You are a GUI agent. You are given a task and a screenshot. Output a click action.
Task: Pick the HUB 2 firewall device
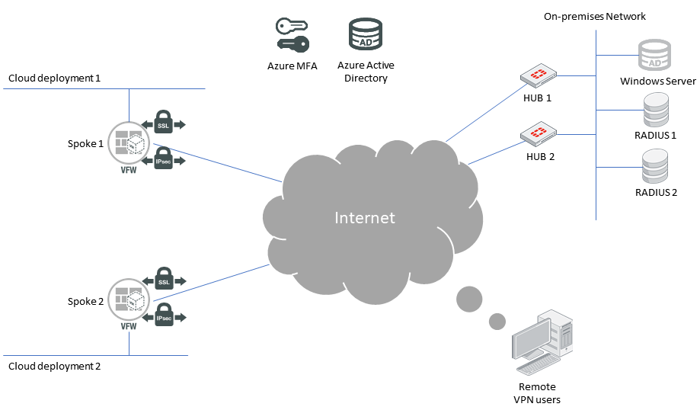pos(538,133)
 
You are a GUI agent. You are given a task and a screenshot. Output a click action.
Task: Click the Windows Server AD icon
pos(655,56)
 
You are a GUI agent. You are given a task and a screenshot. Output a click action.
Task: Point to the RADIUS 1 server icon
pos(656,110)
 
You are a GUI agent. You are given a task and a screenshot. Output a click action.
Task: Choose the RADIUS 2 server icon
pos(656,167)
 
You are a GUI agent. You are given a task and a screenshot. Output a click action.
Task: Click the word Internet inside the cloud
pos(365,218)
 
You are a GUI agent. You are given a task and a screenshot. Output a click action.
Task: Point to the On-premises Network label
pos(595,16)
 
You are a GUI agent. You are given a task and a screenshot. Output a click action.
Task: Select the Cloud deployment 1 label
pos(54,78)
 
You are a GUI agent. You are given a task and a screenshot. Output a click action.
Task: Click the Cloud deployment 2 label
pos(54,366)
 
